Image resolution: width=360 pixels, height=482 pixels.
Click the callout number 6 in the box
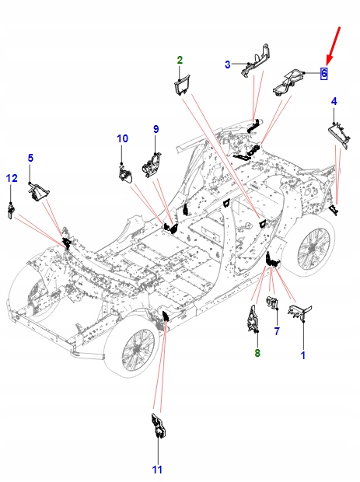[x=323, y=74]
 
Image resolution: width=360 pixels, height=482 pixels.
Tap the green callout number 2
[x=180, y=60]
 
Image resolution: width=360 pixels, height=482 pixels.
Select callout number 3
[x=228, y=65]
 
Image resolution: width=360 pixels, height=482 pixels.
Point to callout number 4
[x=334, y=101]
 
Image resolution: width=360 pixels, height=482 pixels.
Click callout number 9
[x=30, y=158]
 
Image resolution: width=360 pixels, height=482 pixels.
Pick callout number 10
[x=122, y=138]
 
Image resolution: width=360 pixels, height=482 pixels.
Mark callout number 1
[x=303, y=355]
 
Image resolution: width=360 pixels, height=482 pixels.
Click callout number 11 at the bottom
[x=157, y=470]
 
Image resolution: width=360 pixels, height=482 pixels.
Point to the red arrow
[x=334, y=46]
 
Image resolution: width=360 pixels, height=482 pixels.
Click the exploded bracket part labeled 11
[x=159, y=426]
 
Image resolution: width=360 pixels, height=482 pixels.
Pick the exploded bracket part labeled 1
[x=300, y=312]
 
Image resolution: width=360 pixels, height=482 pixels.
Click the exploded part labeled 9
[x=152, y=166]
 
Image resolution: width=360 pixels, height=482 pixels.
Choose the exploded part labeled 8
[x=254, y=319]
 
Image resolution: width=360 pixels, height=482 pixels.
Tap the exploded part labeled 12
[x=11, y=211]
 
